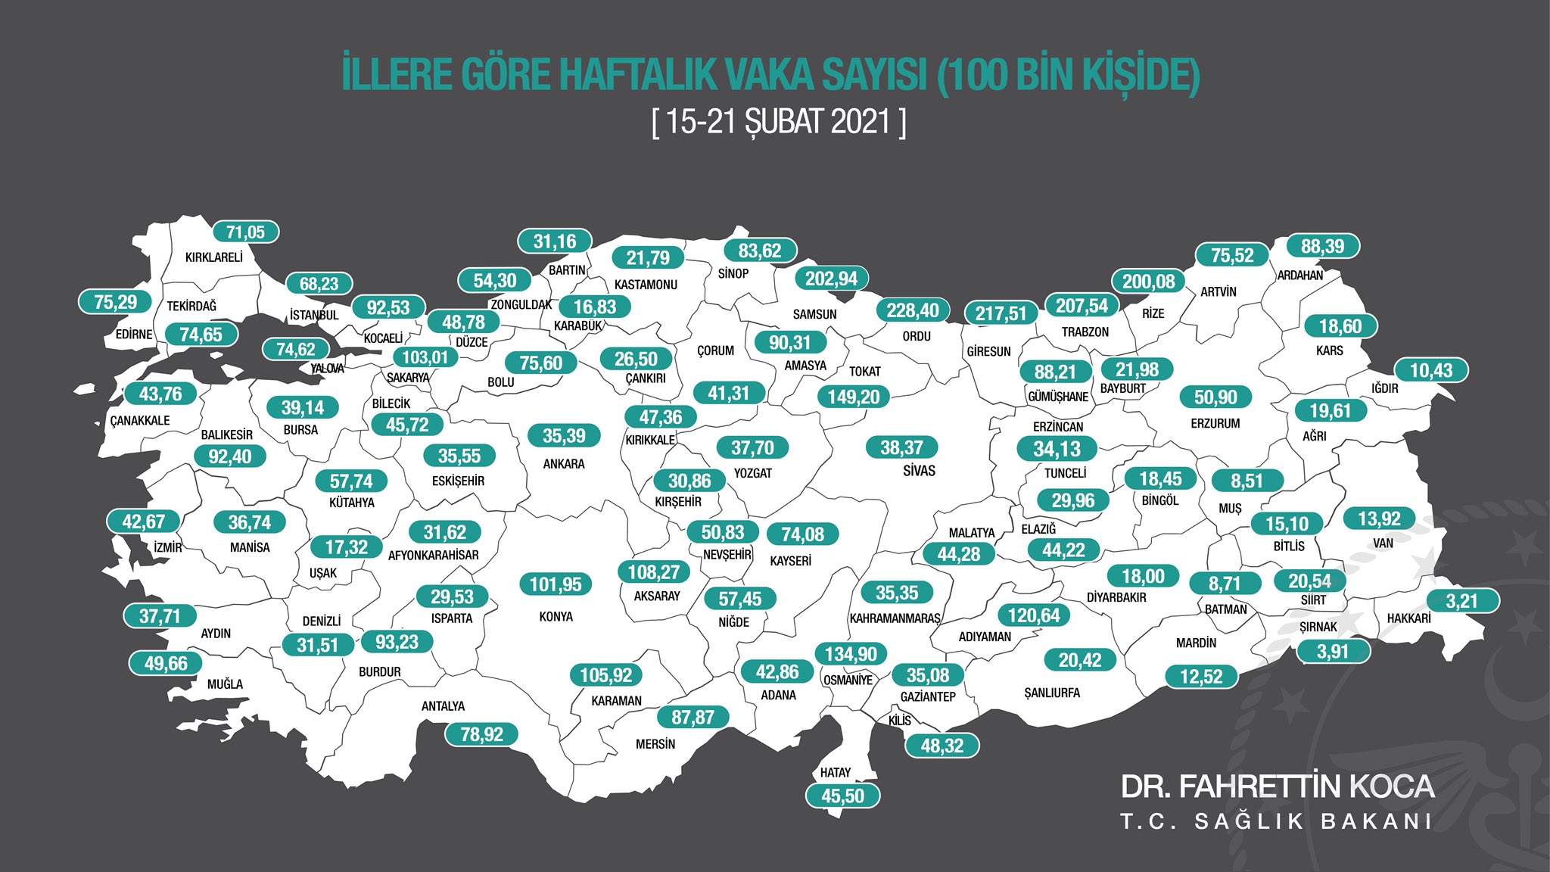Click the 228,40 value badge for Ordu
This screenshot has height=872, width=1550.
coord(912,310)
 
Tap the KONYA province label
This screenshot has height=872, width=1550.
coord(556,617)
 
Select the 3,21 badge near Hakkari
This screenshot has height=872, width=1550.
coord(1461,601)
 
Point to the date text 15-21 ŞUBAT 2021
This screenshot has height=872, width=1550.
coord(779,121)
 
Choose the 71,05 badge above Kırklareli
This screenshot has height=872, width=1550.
coord(245,232)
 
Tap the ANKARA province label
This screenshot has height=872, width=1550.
coord(564,464)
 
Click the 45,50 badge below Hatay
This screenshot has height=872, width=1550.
coord(842,796)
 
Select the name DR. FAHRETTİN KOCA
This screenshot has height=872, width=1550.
coord(1277,786)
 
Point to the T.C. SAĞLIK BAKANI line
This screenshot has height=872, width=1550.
coord(1277,821)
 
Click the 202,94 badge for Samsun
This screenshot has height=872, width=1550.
coord(831,279)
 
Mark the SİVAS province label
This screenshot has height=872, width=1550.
coord(919,471)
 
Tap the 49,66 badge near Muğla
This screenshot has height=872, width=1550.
coord(166,664)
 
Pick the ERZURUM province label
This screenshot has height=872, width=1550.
coord(1215,424)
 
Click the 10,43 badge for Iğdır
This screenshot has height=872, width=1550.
coord(1431,371)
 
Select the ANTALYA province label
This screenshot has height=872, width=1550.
coord(443,706)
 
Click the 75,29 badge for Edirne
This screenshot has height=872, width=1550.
coord(115,302)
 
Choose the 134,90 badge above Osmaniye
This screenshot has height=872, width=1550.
coord(851,654)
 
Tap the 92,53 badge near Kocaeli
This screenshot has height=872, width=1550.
coord(387,308)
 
